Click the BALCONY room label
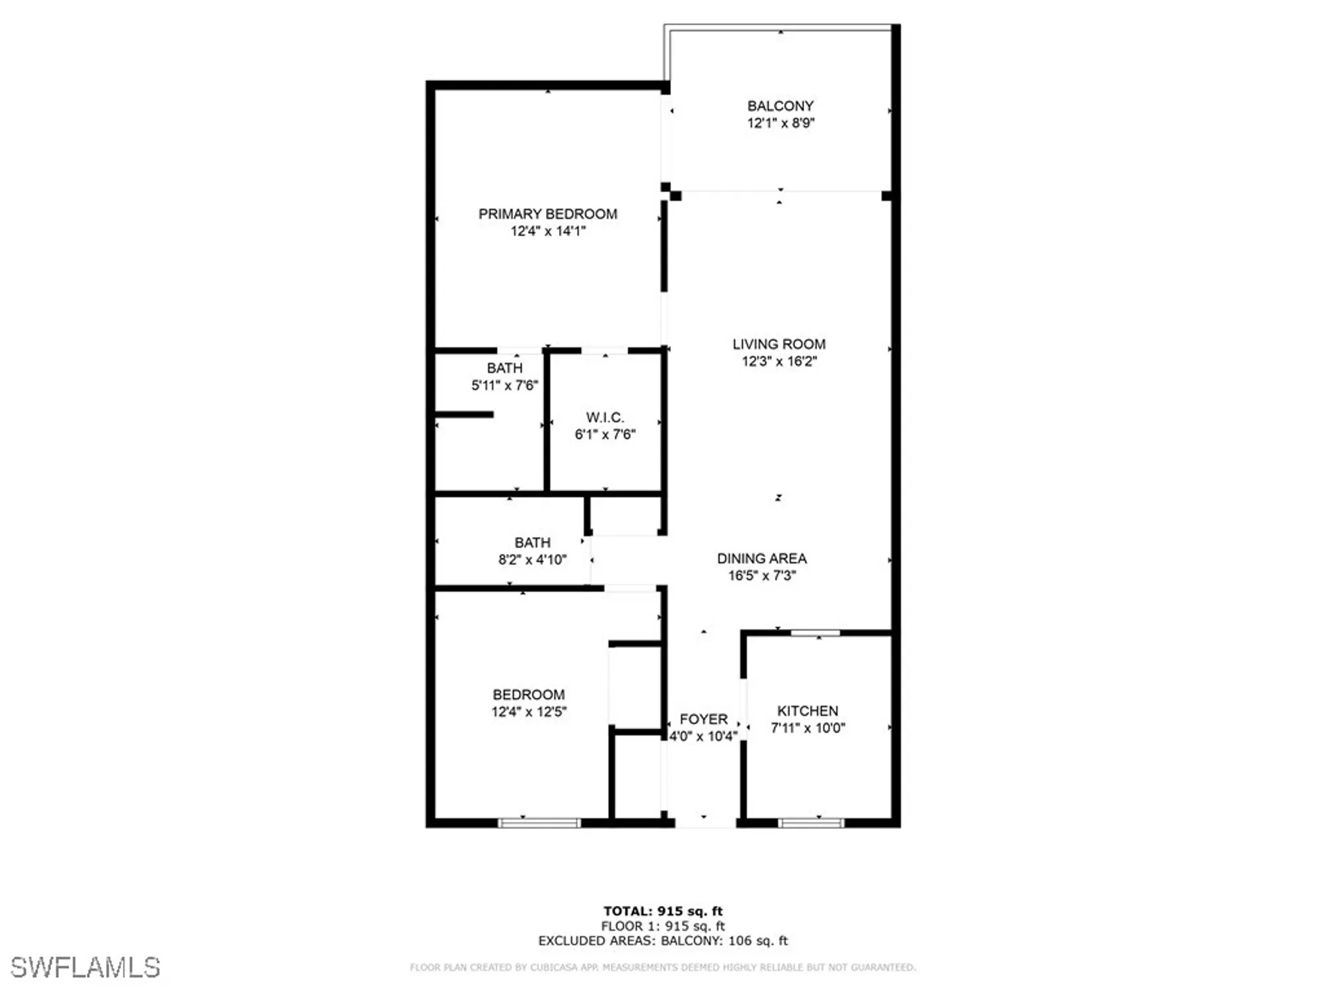(x=780, y=106)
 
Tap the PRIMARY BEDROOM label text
(x=548, y=214)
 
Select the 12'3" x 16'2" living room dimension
(x=779, y=361)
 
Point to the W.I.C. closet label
(x=605, y=417)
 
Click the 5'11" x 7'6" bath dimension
(x=505, y=385)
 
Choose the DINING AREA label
(x=762, y=559)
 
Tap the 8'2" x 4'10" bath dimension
(x=533, y=560)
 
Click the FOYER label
(x=704, y=719)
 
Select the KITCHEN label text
(x=808, y=711)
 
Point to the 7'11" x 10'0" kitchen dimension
(x=808, y=728)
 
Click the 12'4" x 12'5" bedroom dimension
(x=529, y=712)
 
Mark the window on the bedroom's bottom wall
(x=539, y=823)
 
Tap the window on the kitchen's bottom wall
(x=811, y=823)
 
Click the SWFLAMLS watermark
(x=85, y=967)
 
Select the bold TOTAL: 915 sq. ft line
(x=662, y=911)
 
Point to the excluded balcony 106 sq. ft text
(x=725, y=941)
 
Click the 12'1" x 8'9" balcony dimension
(x=780, y=123)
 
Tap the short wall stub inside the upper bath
(x=464, y=415)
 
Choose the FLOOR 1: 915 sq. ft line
(x=662, y=926)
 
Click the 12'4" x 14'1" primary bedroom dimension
(x=548, y=231)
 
